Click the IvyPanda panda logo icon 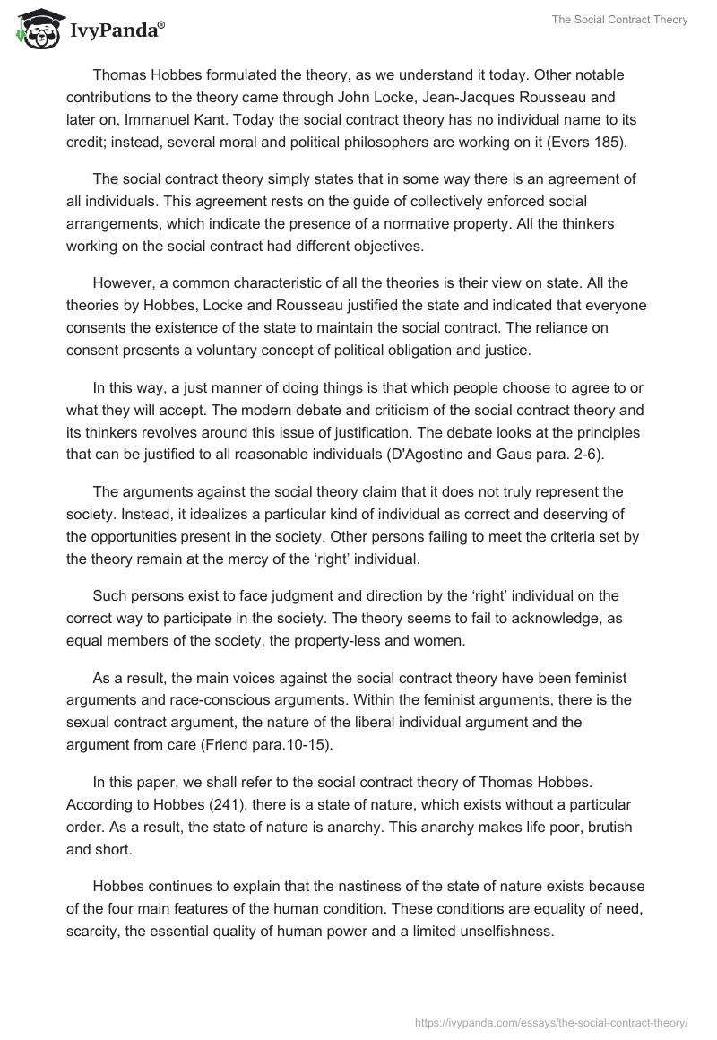coord(35,28)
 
